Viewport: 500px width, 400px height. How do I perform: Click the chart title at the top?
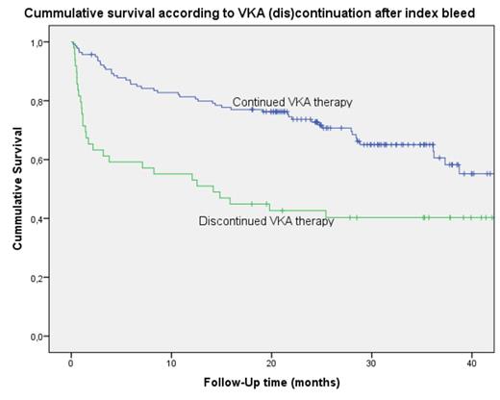click(249, 11)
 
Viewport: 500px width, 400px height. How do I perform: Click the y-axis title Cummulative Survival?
click(18, 192)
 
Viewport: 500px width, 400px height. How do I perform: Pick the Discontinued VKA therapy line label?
click(266, 221)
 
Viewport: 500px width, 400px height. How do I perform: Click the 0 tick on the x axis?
click(71, 362)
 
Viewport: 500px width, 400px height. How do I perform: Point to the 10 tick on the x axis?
click(171, 362)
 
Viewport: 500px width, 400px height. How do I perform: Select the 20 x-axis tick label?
click(271, 362)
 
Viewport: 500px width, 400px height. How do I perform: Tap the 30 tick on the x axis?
click(371, 362)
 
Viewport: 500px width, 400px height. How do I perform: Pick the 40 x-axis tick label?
click(471, 362)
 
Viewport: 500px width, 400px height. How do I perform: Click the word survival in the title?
click(140, 11)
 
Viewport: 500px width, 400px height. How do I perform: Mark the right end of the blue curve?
click(492, 174)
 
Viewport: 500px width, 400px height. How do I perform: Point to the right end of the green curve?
click(492, 217)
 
